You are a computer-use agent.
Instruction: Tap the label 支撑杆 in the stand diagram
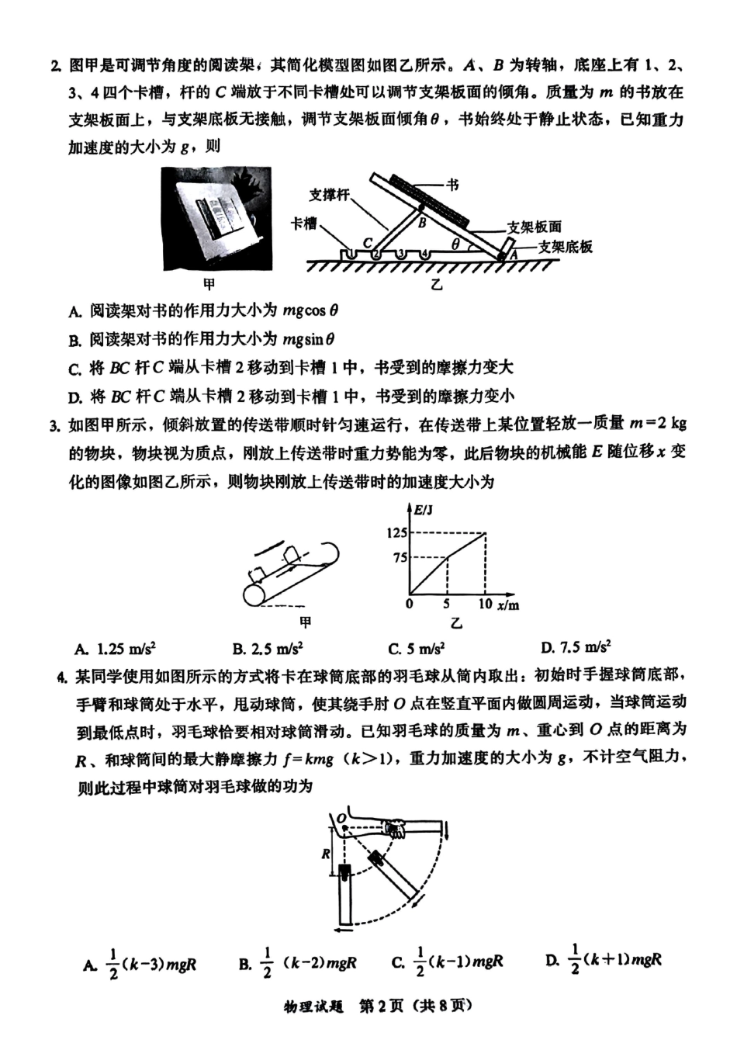click(328, 195)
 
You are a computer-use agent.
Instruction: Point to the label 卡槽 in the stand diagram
click(304, 223)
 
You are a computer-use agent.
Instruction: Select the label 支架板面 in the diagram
click(534, 227)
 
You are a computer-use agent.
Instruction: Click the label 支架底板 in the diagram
click(566, 247)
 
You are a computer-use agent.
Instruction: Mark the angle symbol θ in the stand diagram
click(457, 244)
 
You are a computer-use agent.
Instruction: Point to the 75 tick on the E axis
click(400, 557)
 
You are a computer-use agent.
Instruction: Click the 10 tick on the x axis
click(485, 603)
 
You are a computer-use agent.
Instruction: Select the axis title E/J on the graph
click(424, 510)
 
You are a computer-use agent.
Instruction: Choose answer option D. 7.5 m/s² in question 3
click(576, 646)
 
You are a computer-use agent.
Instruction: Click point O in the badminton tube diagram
click(341, 817)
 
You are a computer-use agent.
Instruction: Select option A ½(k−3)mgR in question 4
click(140, 964)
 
